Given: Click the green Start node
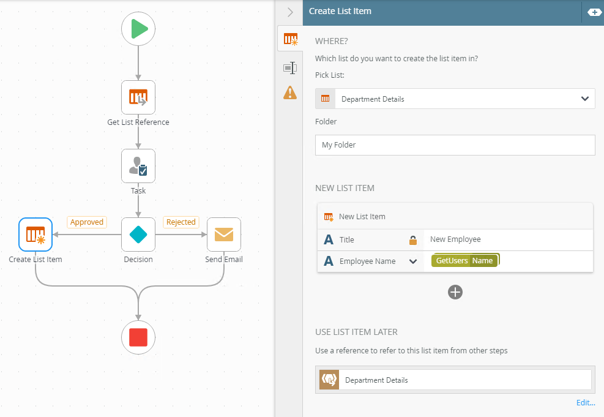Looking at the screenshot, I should [138, 29].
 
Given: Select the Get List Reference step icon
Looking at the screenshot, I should [138, 97].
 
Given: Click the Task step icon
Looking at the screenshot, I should [138, 166].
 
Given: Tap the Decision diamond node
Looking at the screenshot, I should [138, 235].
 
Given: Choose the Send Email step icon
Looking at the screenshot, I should [224, 235].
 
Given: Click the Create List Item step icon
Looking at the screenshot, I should [35, 235].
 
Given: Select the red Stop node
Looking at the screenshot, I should [138, 337].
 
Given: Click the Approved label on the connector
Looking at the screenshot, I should [87, 222].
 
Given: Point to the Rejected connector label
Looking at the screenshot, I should [181, 222].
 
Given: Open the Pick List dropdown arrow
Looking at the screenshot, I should [584, 99].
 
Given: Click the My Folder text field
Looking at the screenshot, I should [455, 145].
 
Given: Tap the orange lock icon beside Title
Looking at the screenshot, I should [413, 240].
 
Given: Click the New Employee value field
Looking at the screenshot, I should [508, 240].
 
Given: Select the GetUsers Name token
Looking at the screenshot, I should [465, 261].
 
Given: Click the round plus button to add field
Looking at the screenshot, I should [455, 292].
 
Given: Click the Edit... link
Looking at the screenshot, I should [586, 402].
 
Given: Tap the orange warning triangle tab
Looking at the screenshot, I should [290, 92].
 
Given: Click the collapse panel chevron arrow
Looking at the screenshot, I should [290, 12].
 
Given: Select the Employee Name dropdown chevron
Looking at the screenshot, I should [413, 261].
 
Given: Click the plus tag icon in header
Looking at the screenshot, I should [594, 12].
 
